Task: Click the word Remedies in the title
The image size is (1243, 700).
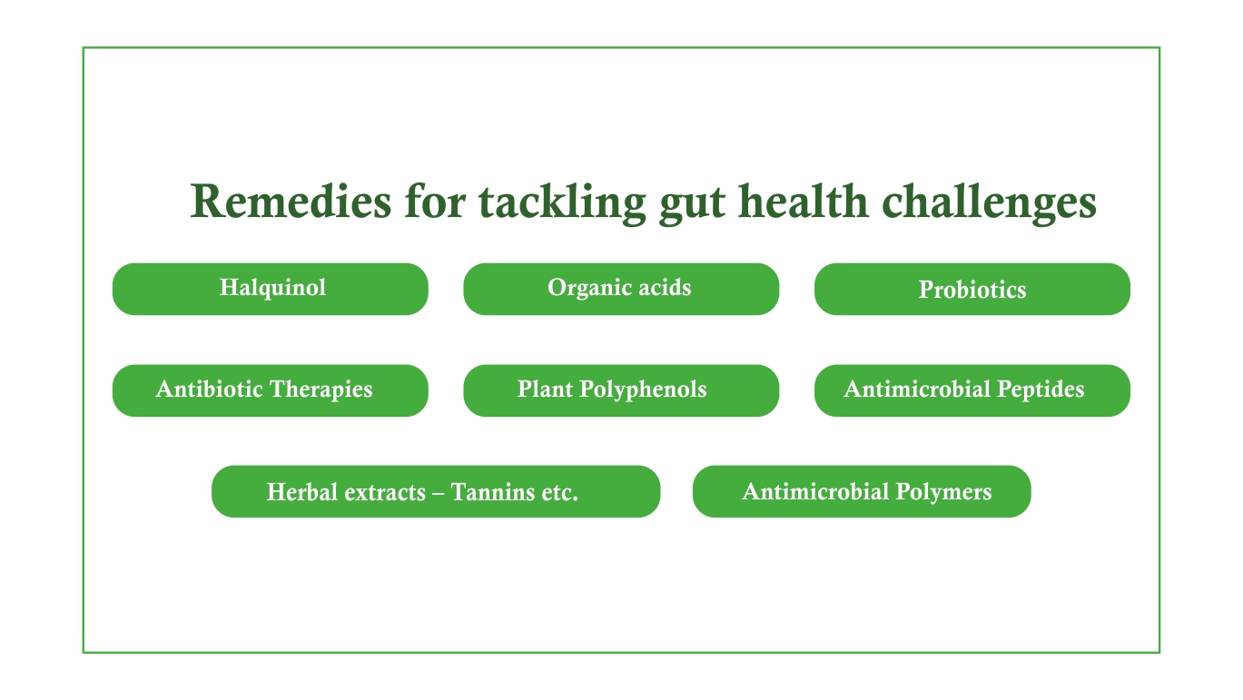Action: pos(291,202)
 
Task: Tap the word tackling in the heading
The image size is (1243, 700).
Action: pos(563,203)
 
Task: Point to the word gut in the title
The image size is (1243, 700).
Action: pos(692,206)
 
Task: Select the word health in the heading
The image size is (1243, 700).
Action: pos(804,201)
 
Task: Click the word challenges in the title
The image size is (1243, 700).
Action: pos(989,203)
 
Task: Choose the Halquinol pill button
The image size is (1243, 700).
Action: pos(271,289)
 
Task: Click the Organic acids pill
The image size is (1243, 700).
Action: pos(621,289)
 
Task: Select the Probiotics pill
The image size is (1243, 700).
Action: pos(972,289)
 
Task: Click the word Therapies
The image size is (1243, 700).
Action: pos(321,389)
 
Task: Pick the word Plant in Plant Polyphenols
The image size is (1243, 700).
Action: pos(545,389)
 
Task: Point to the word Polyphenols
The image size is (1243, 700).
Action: pos(643,389)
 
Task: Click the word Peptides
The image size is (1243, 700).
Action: pos(1041,389)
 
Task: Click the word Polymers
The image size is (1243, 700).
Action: pos(943,493)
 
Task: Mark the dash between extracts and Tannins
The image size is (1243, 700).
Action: pos(439,493)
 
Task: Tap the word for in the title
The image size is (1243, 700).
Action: pos(435,201)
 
